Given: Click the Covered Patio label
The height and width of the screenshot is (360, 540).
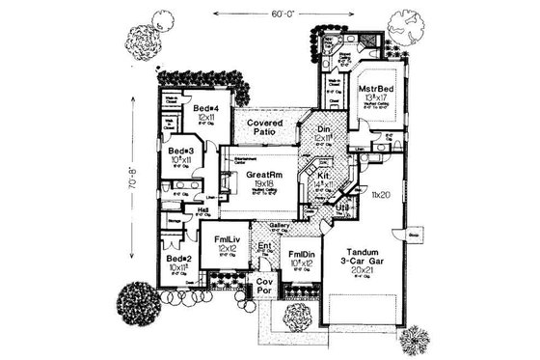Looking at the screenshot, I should click(264, 130).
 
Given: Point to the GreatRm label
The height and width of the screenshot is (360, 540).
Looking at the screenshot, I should click(258, 176).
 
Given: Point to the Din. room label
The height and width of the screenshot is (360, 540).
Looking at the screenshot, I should click(323, 129).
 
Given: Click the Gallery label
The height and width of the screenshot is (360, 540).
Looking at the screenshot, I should click(279, 224).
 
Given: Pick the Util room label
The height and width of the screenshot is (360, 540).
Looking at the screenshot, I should click(341, 207).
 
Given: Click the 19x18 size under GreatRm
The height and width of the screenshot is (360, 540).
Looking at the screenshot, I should click(258, 185).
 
